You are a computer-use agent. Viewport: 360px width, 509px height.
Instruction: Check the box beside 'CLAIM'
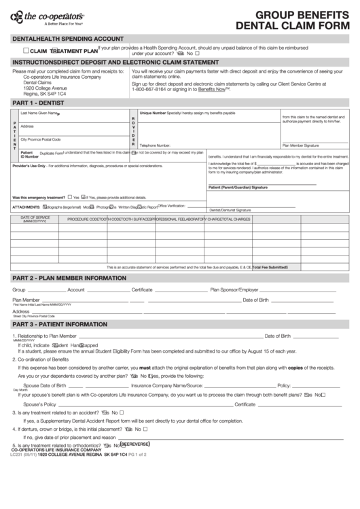point(26,51)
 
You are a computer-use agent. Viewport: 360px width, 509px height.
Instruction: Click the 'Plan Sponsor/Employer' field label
point(234,289)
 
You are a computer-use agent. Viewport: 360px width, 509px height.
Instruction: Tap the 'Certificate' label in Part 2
point(142,289)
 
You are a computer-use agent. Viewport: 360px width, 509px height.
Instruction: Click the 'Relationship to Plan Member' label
point(47,336)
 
